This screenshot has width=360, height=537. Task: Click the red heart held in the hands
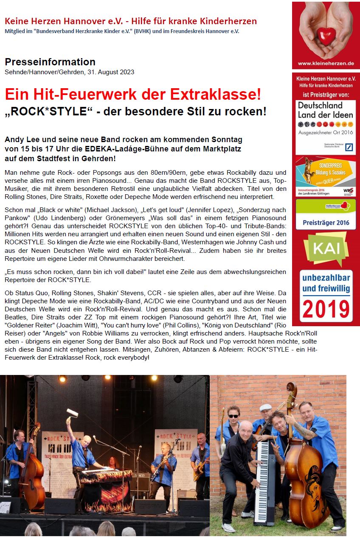click(x=326, y=36)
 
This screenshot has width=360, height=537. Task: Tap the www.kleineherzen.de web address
click(x=326, y=64)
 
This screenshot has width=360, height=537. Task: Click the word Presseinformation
click(x=50, y=62)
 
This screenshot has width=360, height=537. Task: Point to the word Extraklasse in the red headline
click(x=216, y=94)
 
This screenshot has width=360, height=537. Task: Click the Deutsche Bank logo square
click(x=349, y=148)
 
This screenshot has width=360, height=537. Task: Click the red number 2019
click(x=326, y=309)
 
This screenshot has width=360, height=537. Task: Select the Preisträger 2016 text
click(x=326, y=223)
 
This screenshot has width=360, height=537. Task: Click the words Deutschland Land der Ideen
click(x=326, y=109)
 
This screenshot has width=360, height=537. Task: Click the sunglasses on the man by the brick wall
click(x=233, y=416)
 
